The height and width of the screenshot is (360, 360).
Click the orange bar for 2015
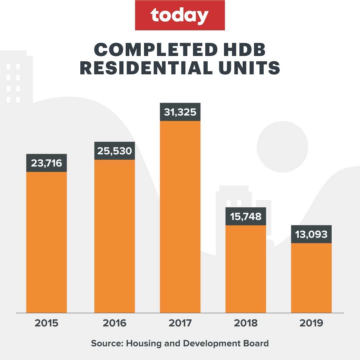click(x=46, y=242)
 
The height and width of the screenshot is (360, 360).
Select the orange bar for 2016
click(x=114, y=236)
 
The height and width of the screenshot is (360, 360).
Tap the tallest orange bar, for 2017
click(x=180, y=217)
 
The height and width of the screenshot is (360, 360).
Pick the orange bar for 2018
click(x=246, y=269)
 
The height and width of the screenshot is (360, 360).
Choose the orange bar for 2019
click(x=311, y=278)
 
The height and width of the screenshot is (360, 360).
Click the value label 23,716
click(x=46, y=163)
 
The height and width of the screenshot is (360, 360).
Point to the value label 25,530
click(x=114, y=151)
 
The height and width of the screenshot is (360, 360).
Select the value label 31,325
click(x=180, y=112)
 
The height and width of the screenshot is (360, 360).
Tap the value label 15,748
click(x=246, y=216)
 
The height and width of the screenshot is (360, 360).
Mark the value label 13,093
click(x=311, y=234)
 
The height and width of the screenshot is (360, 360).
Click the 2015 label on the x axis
click(x=46, y=323)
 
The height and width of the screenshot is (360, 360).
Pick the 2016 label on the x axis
click(x=114, y=323)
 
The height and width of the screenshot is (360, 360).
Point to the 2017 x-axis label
click(x=180, y=323)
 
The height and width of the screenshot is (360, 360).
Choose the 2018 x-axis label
click(x=246, y=323)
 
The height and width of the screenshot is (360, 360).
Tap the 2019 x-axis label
click(x=311, y=323)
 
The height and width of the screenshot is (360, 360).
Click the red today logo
click(x=180, y=15)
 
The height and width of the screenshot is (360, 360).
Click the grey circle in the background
click(x=282, y=147)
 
